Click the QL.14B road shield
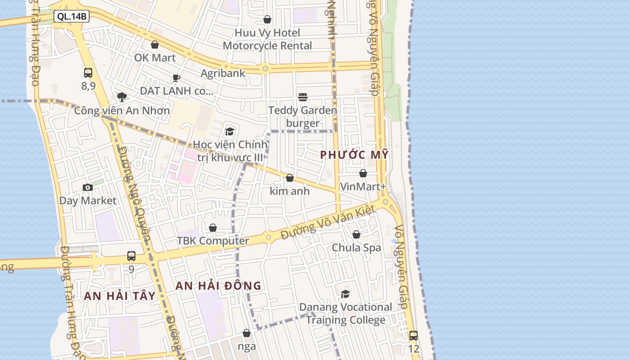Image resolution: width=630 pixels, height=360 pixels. pos(72,17)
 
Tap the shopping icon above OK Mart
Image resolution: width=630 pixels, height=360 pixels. pos(155,45)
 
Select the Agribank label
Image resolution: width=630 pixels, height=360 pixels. pos(223,73)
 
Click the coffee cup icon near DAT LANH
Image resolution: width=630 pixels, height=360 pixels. pos(176,78)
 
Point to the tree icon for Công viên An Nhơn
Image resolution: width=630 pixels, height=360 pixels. pos(121,97)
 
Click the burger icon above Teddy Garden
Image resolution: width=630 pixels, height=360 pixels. pos(303,97)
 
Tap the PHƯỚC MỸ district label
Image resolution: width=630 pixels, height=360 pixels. pos(354,155)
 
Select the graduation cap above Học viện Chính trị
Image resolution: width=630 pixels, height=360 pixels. pos(230,131)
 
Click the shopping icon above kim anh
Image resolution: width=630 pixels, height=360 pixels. pos(290,178)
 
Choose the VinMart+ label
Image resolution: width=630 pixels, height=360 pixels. pos(363,186)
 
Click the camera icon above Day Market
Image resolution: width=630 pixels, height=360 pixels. pos(88,187)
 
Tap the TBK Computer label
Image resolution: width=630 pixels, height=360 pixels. pos(213,241)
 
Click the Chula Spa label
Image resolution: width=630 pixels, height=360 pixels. pos(356,247)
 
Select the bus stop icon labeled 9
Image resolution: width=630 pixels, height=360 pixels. pos(131,256)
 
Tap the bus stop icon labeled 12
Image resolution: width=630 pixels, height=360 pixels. pos(414,335)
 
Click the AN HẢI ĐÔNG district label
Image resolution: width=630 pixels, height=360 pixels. pos(218,286)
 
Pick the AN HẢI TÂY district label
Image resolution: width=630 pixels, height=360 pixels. pos(120,296)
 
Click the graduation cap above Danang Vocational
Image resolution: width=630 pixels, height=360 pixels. pos(346,294)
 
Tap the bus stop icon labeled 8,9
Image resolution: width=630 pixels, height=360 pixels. pos(88,72)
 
